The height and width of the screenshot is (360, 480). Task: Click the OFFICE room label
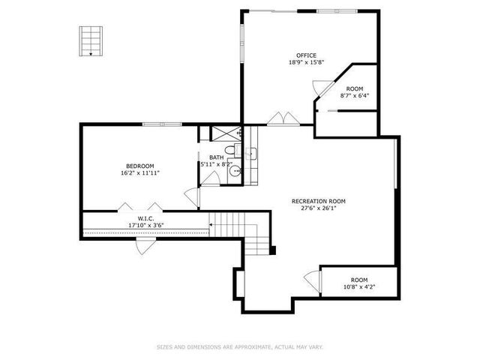pyautogui.click(x=306, y=55)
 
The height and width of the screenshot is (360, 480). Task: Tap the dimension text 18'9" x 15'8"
pyautogui.click(x=306, y=63)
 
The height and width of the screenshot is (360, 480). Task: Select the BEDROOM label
pyautogui.click(x=139, y=166)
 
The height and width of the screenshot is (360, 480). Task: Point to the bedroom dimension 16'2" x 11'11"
pyautogui.click(x=139, y=173)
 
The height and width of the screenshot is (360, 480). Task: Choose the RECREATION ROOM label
pyautogui.click(x=319, y=201)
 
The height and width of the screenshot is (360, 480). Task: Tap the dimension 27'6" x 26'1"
pyautogui.click(x=319, y=209)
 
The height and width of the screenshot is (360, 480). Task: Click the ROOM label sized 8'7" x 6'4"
pyautogui.click(x=355, y=88)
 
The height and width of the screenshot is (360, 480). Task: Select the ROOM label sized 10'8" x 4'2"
pyautogui.click(x=359, y=280)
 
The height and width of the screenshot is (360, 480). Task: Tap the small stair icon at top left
pyautogui.click(x=90, y=40)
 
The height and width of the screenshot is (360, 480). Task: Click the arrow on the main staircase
pyautogui.click(x=212, y=223)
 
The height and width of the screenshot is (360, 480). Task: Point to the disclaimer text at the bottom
pyautogui.click(x=239, y=346)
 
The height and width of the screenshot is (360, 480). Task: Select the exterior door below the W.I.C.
pyautogui.click(x=143, y=247)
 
